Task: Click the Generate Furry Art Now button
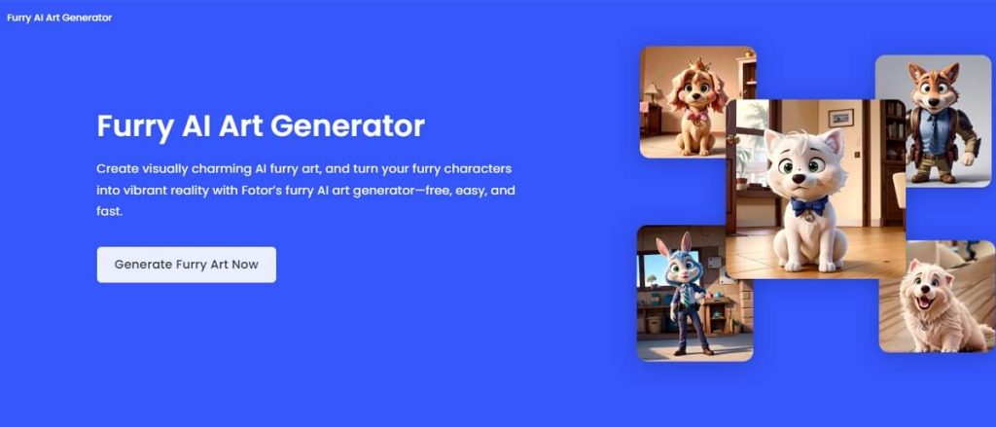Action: pos(186,265)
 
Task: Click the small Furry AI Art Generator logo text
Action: pos(59,18)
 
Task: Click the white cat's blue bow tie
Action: pos(808,205)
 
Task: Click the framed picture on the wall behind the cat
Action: pos(840,118)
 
